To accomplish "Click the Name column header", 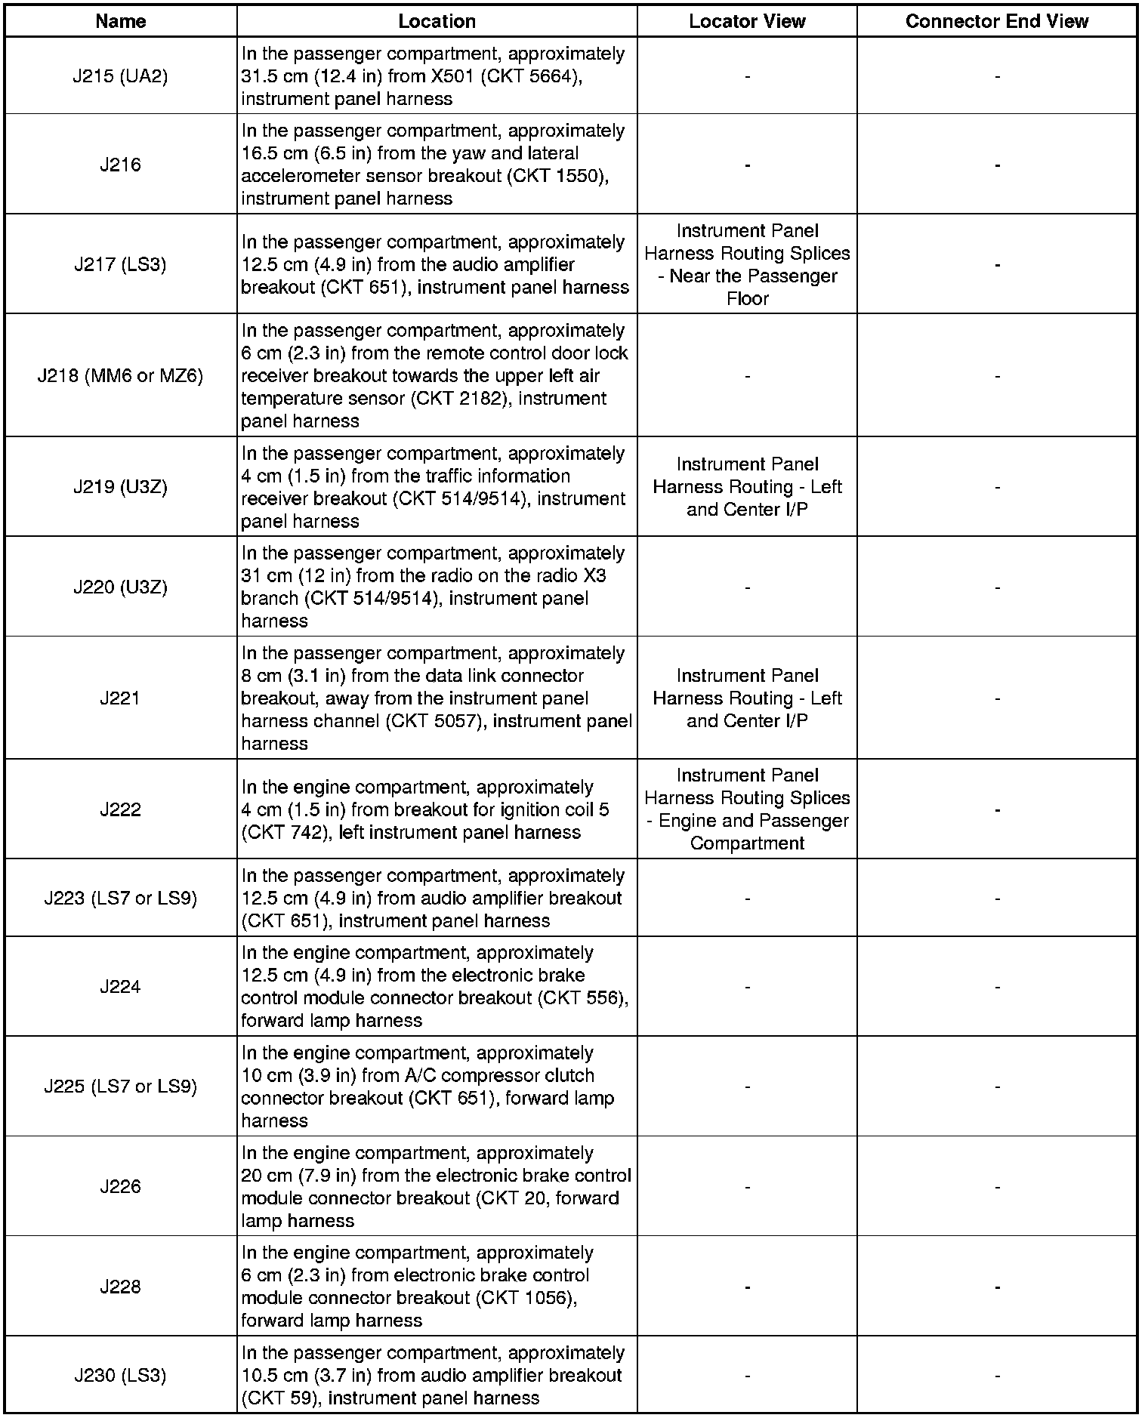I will [x=120, y=21].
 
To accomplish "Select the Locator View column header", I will [x=747, y=21].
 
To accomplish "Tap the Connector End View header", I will [x=996, y=21].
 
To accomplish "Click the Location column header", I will [x=437, y=21].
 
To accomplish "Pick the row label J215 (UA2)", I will [x=120, y=76].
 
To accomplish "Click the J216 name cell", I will [x=120, y=165].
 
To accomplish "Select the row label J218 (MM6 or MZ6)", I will [x=120, y=375].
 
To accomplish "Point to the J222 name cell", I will [x=120, y=809].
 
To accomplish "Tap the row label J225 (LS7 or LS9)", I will [x=120, y=1087].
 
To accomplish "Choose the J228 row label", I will [x=120, y=1287].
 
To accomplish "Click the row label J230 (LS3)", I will [x=120, y=1375].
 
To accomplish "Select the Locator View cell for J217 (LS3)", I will [x=747, y=264].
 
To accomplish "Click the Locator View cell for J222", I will [x=747, y=809].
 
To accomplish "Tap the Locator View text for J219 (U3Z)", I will [x=747, y=487].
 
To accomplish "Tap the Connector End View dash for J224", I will [x=997, y=987].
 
